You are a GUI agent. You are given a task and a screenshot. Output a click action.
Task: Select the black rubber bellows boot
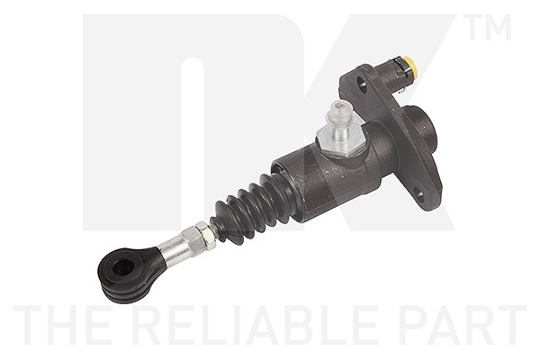(x=252, y=207)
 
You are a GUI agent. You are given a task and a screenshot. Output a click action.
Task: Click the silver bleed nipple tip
(x=340, y=111)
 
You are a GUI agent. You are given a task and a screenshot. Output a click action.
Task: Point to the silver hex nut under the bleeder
(x=340, y=140)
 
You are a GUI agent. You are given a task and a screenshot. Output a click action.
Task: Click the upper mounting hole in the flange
(x=363, y=81)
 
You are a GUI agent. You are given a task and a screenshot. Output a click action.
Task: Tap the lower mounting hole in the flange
(x=419, y=193)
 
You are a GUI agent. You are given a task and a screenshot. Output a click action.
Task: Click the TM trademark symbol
(x=487, y=27)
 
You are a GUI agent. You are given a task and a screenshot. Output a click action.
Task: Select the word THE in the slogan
(x=63, y=325)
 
